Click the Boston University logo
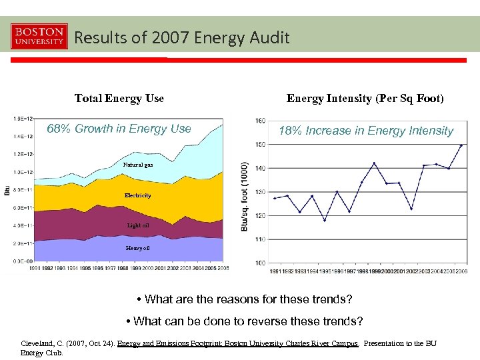[x=39, y=37]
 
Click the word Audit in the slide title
[x=271, y=38]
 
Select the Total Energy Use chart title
[x=119, y=99]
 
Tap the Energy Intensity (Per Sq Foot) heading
[x=365, y=99]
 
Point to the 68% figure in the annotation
[x=59, y=129]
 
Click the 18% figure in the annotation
[x=290, y=131]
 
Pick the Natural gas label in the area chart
[x=138, y=165]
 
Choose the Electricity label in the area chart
[x=138, y=195]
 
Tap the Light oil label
[x=138, y=225]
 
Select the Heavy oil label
[x=138, y=248]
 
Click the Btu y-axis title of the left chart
[x=7, y=191]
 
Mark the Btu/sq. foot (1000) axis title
[x=245, y=197]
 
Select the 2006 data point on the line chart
[x=461, y=145]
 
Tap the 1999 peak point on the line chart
[x=374, y=163]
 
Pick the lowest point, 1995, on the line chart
[x=325, y=220]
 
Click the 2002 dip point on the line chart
[x=411, y=209]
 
